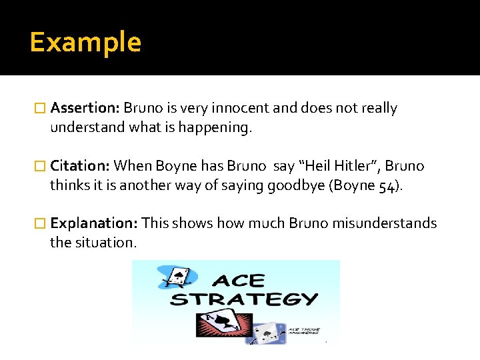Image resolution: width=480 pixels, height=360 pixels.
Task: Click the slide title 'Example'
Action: [x=85, y=42]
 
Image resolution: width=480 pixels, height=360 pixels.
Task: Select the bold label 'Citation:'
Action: [x=80, y=165]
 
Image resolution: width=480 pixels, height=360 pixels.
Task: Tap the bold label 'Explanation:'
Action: [x=94, y=223]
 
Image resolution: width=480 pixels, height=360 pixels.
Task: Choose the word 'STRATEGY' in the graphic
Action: [x=244, y=299]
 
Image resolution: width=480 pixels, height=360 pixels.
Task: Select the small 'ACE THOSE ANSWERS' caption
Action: [x=304, y=331]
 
